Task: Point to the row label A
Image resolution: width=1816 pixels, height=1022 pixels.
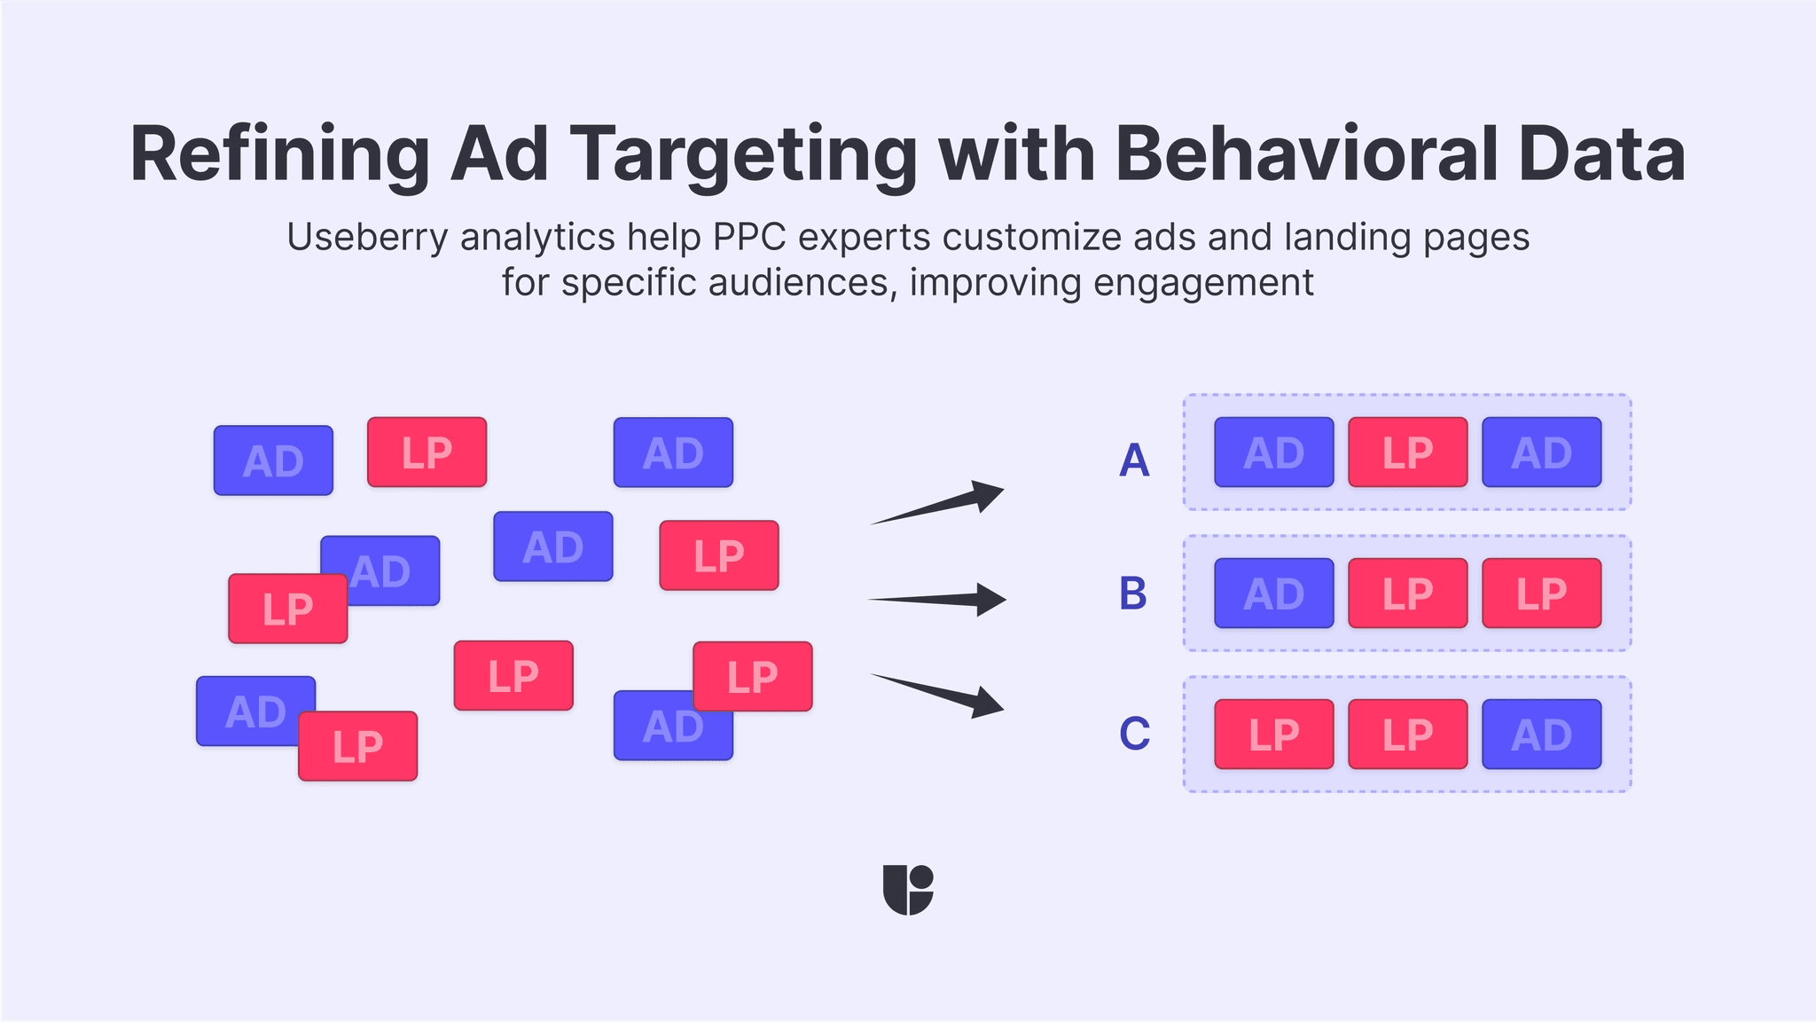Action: point(1134,460)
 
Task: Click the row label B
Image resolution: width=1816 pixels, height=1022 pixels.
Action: point(1133,594)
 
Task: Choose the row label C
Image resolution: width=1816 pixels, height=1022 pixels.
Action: point(1134,734)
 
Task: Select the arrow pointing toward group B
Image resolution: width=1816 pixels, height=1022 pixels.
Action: point(940,600)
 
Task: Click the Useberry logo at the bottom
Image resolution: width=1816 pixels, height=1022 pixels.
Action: point(908,890)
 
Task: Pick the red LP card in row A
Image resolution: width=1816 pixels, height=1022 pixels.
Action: point(1407,452)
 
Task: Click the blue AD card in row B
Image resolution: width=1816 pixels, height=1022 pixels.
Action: point(1273,594)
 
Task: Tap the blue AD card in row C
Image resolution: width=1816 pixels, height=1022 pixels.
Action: point(1541,735)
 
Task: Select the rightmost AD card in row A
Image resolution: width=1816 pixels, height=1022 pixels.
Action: point(1541,452)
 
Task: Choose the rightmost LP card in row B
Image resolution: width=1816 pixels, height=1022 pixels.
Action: point(1541,594)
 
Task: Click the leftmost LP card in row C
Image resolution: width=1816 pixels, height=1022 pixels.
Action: point(1273,735)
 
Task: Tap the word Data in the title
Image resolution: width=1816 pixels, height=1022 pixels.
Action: point(1601,154)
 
